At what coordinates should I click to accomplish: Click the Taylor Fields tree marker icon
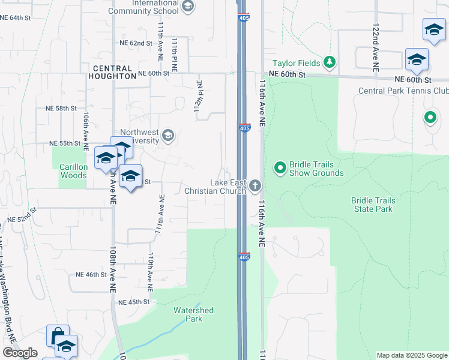pyautogui.click(x=329, y=62)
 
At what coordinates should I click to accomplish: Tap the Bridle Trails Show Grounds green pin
pyautogui.click(x=280, y=167)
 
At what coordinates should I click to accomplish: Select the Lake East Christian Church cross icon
pyautogui.click(x=255, y=185)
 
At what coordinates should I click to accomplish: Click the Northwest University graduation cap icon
pyautogui.click(x=168, y=135)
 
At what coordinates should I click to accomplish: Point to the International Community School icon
pyautogui.click(x=188, y=7)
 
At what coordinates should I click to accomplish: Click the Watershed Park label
pyautogui.click(x=193, y=314)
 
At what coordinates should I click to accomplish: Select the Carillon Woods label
pyautogui.click(x=74, y=172)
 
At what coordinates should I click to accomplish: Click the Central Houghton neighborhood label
pyautogui.click(x=112, y=72)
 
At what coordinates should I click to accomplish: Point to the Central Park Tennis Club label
pyautogui.click(x=403, y=91)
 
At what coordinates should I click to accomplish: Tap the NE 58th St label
pyautogui.click(x=61, y=109)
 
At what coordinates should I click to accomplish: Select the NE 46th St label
pyautogui.click(x=91, y=274)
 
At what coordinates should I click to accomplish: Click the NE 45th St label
pyautogui.click(x=133, y=302)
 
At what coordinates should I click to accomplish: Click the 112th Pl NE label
pyautogui.click(x=201, y=94)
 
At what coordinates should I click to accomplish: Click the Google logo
pyautogui.click(x=20, y=353)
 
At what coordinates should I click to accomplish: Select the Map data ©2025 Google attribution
pyautogui.click(x=412, y=355)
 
